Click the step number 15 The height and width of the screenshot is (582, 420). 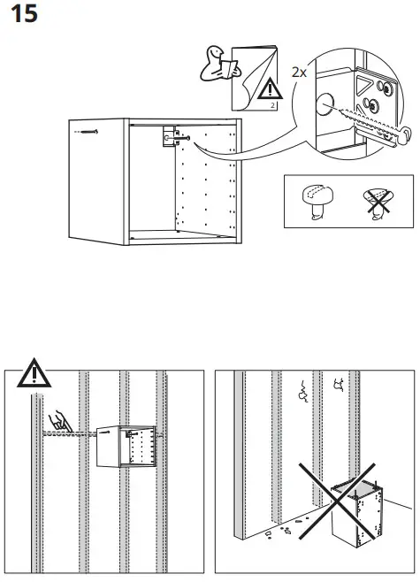(x=23, y=15)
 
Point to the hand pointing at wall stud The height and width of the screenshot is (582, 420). (x=60, y=422)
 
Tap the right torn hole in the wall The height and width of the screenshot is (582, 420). (x=339, y=384)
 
